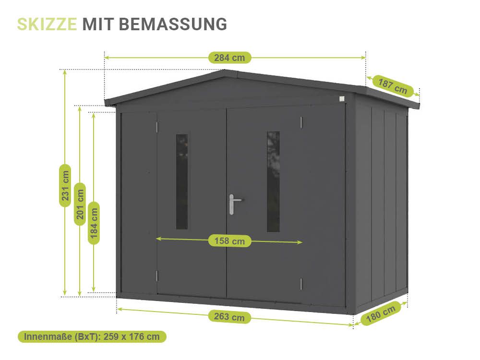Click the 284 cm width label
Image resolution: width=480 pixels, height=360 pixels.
coord(229,58)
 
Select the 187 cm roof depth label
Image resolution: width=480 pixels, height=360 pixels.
coord(393,86)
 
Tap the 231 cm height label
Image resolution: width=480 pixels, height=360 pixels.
coord(65,185)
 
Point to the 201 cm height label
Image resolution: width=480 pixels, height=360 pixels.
coord(80,204)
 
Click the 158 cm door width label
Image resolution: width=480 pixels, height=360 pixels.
coord(229,241)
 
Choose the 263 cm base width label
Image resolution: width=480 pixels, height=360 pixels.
coord(229,317)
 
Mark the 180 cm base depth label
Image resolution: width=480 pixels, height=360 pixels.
coord(381,314)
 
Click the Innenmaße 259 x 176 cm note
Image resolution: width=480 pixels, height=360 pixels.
coord(92,336)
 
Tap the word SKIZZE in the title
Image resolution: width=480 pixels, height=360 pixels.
coord(47,24)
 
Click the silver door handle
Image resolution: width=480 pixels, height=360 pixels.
coord(232,204)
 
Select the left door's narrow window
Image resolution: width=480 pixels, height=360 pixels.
coord(182,181)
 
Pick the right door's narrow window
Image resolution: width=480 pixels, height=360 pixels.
coord(273,181)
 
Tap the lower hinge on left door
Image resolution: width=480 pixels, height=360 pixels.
coord(156,276)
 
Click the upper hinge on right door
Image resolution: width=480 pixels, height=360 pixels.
coord(301,122)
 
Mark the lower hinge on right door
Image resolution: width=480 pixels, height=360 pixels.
coord(301,284)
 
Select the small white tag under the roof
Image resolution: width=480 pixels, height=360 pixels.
coord(341,99)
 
